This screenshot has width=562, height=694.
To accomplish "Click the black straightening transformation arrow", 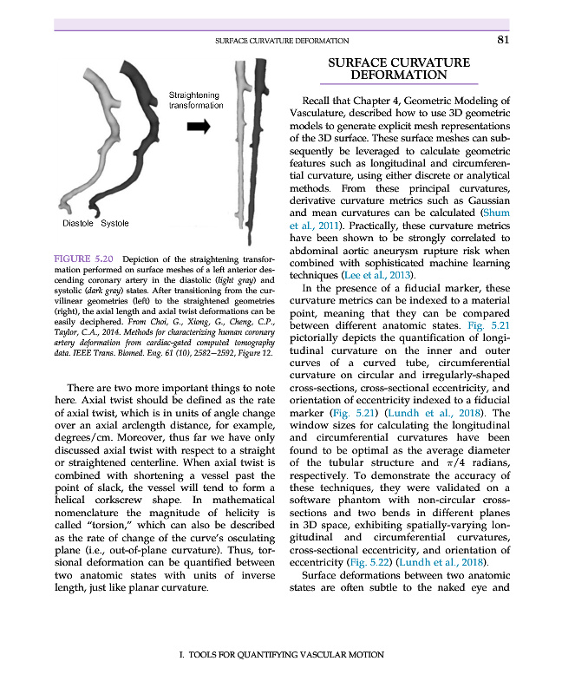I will pyautogui.click(x=199, y=127).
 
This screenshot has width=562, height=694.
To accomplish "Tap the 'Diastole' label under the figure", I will pyautogui.click(x=79, y=224).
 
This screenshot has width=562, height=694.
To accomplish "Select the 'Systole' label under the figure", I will pyautogui.click(x=114, y=224).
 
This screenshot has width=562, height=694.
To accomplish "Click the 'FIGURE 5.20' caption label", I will pyautogui.click(x=84, y=259).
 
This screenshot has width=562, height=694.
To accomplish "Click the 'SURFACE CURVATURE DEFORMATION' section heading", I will pyautogui.click(x=399, y=69).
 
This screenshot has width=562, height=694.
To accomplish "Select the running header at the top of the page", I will pyautogui.click(x=282, y=40).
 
